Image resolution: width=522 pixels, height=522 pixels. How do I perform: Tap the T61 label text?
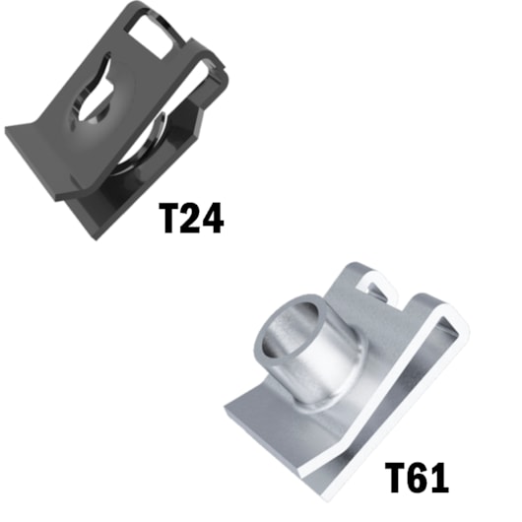point(417,477)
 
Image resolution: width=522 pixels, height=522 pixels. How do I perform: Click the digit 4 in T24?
point(213,218)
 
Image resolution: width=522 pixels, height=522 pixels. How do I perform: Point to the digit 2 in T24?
point(191,218)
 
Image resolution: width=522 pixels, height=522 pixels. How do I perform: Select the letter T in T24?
point(169,219)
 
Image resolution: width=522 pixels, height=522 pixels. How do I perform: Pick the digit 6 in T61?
point(418,478)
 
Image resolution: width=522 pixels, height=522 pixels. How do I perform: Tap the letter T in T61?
point(396,478)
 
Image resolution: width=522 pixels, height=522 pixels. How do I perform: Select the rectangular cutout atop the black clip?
point(151,36)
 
